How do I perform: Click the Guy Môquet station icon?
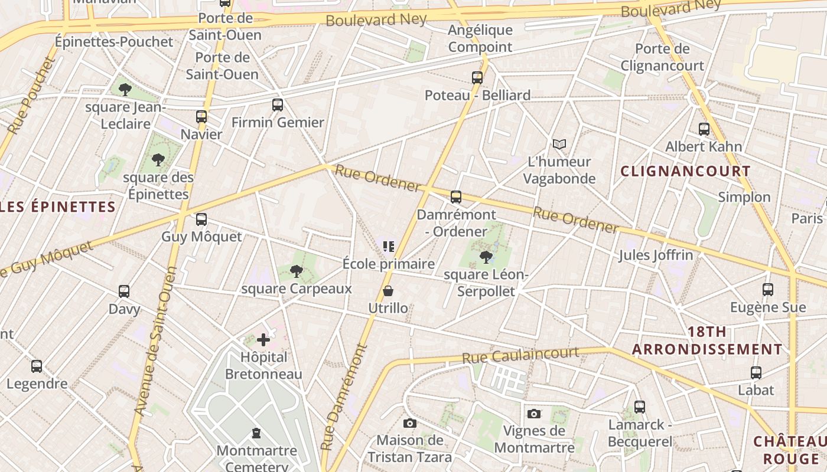(x=201, y=219)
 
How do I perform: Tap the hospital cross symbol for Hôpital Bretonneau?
(x=263, y=340)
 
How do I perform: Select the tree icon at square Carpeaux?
(x=296, y=271)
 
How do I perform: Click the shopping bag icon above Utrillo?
(x=388, y=291)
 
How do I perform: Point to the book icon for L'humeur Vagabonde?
(x=559, y=144)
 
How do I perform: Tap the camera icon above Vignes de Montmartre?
(x=534, y=414)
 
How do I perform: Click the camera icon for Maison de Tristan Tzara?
(x=409, y=423)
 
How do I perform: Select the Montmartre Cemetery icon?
(x=256, y=434)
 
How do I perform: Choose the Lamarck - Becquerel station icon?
(x=640, y=407)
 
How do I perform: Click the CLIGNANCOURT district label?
(x=685, y=172)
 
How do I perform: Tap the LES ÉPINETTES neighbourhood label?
(x=57, y=206)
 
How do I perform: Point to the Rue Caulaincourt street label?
(x=520, y=355)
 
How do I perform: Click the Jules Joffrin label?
(x=656, y=255)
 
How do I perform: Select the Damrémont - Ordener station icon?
(x=456, y=197)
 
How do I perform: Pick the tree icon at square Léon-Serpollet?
(x=486, y=257)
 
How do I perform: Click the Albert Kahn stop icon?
(x=704, y=129)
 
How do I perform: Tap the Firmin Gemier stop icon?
(x=278, y=105)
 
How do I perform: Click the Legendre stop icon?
(x=37, y=366)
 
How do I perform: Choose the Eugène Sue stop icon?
(x=767, y=290)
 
